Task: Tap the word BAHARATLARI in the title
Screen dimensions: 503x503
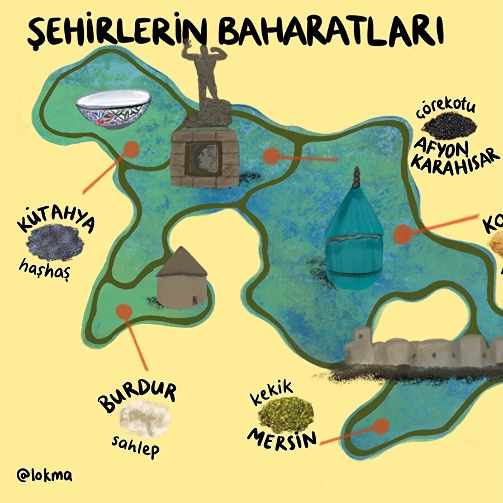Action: click(x=331, y=32)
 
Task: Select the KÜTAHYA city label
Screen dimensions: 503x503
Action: click(x=56, y=219)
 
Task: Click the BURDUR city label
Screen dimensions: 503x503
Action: click(x=137, y=396)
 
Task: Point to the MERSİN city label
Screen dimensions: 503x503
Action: click(x=282, y=437)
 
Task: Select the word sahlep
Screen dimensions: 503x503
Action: click(x=135, y=445)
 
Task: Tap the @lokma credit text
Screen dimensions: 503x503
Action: click(x=45, y=476)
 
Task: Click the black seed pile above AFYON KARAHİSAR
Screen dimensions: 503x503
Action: click(x=449, y=126)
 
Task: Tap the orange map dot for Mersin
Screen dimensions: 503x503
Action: click(x=381, y=427)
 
